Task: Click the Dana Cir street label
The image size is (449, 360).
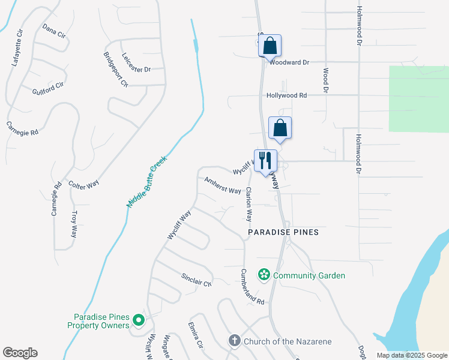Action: pyautogui.click(x=53, y=31)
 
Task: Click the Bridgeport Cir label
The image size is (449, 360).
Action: pyautogui.click(x=116, y=70)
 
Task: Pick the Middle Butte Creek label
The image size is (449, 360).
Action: pyautogui.click(x=146, y=182)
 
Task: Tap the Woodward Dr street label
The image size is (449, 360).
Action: pyautogui.click(x=289, y=62)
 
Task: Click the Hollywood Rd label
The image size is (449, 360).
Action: pyautogui.click(x=287, y=95)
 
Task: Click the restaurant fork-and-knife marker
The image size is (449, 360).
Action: pyautogui.click(x=265, y=161)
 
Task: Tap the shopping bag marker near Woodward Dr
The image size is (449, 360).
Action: pyautogui.click(x=270, y=46)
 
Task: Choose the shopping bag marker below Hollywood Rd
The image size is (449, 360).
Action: pyautogui.click(x=280, y=128)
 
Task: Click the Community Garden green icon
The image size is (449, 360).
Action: pyautogui.click(x=263, y=275)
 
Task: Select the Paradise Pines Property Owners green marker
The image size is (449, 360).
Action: pyautogui.click(x=139, y=321)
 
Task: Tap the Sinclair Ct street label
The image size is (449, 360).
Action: pyautogui.click(x=196, y=279)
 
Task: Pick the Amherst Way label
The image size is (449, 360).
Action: pyautogui.click(x=222, y=186)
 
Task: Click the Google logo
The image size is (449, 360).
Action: pyautogui.click(x=20, y=353)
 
